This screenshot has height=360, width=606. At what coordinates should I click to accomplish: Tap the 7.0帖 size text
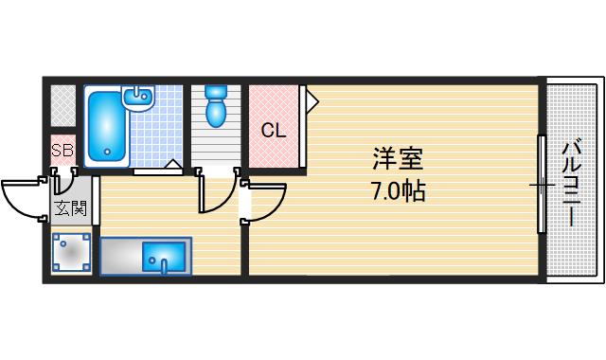(397, 191)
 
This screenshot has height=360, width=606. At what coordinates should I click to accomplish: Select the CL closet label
(274, 131)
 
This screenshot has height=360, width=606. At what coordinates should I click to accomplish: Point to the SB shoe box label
(62, 150)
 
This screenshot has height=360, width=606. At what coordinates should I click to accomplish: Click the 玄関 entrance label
(71, 208)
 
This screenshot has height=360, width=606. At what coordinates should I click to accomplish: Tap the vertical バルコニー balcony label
(571, 182)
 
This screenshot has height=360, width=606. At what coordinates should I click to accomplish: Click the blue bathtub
(105, 128)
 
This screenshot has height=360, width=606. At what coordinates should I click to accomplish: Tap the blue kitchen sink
(166, 256)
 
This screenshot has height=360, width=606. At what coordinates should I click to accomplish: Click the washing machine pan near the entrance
(72, 254)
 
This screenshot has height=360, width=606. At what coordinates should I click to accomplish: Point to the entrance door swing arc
(21, 199)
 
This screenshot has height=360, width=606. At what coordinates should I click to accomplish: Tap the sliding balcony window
(542, 183)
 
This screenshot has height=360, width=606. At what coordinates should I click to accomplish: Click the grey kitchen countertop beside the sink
(120, 256)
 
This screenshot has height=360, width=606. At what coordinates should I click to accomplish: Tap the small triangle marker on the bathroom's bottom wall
(173, 165)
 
